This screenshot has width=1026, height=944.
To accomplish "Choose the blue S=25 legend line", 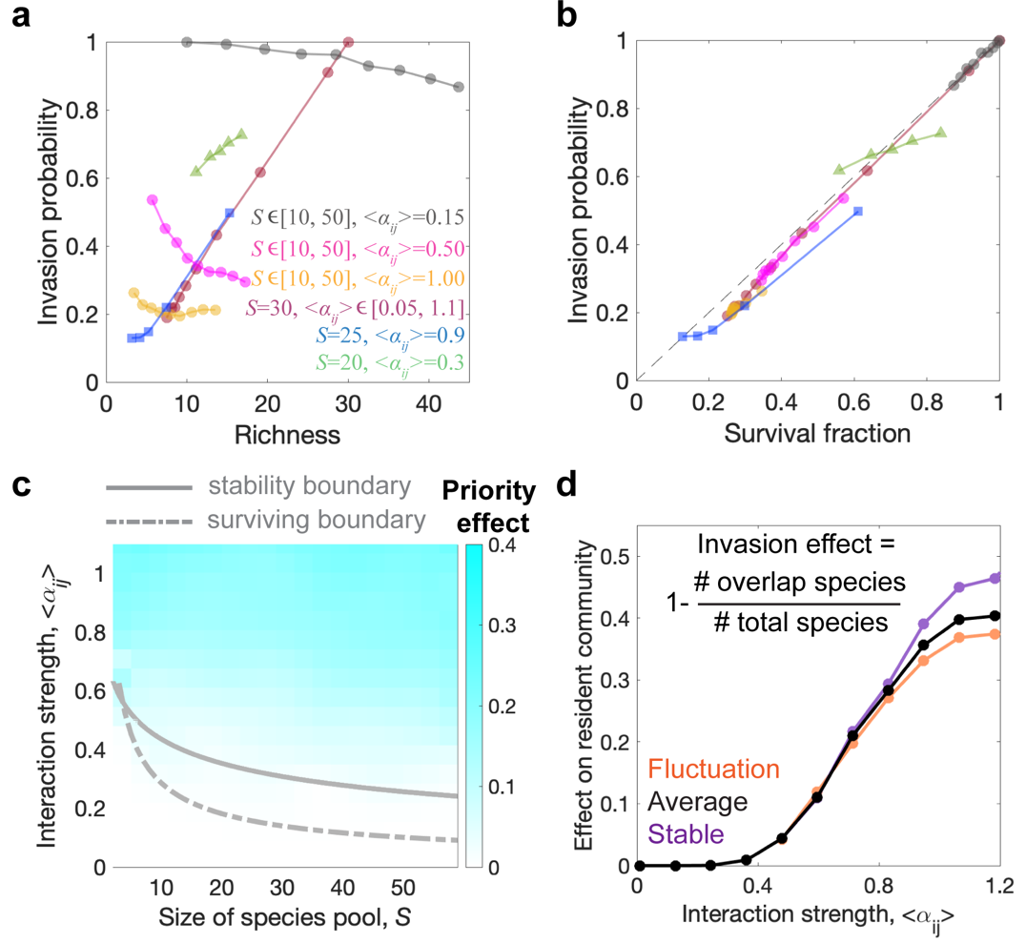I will (354, 336).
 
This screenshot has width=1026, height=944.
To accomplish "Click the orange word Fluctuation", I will (709, 770).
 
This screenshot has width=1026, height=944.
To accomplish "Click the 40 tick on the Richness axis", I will (431, 404).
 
